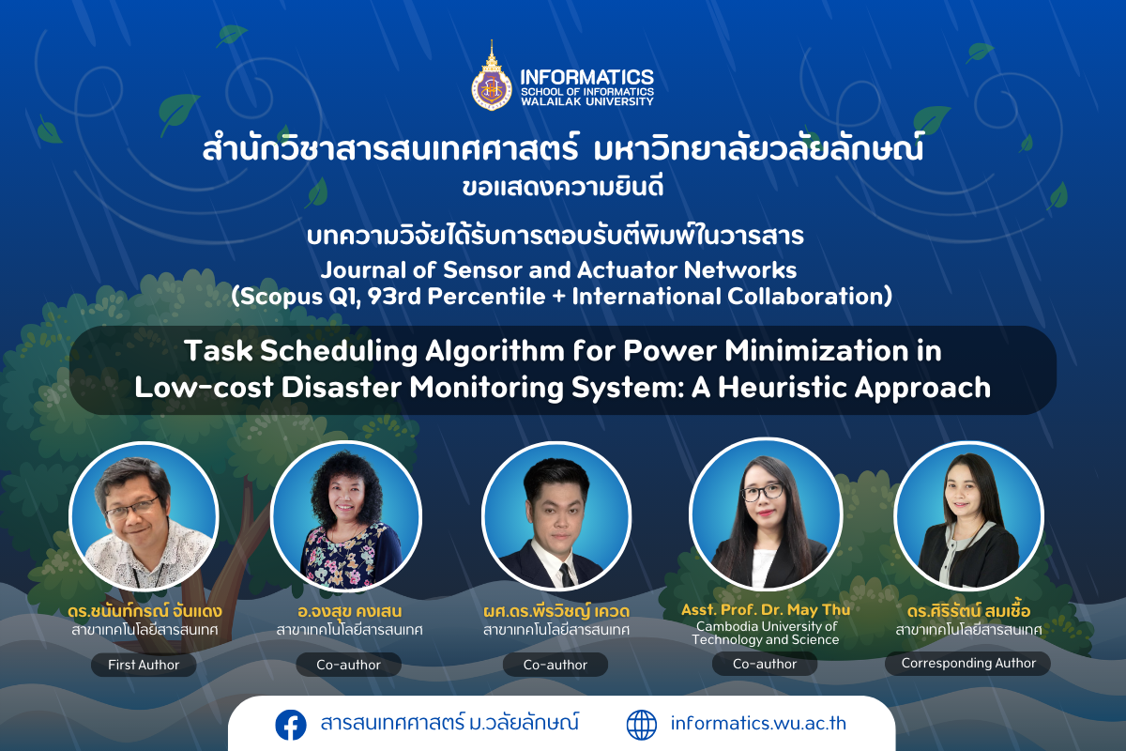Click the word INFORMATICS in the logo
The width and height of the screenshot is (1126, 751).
tap(587, 77)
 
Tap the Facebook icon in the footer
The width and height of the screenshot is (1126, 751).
tap(291, 725)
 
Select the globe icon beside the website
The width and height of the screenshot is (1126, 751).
tap(642, 725)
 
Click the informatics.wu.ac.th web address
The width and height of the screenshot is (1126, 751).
tap(758, 724)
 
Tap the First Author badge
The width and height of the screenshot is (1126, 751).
tap(144, 665)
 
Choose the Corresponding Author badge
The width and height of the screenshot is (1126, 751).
tap(968, 664)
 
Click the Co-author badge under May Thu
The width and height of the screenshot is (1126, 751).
tap(765, 664)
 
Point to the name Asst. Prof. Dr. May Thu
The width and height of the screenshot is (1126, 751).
tap(766, 610)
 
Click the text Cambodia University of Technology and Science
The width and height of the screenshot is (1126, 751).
tap(766, 633)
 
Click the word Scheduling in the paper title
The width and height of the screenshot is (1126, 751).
tap(339, 350)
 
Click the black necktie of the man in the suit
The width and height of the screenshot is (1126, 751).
tap(567, 575)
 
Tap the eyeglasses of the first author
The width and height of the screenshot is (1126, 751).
tap(132, 507)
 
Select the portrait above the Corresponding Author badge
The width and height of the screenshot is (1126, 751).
tap(968, 516)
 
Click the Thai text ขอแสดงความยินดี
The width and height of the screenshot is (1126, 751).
tap(563, 187)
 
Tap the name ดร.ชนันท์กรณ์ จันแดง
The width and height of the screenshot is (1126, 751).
tap(145, 611)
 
